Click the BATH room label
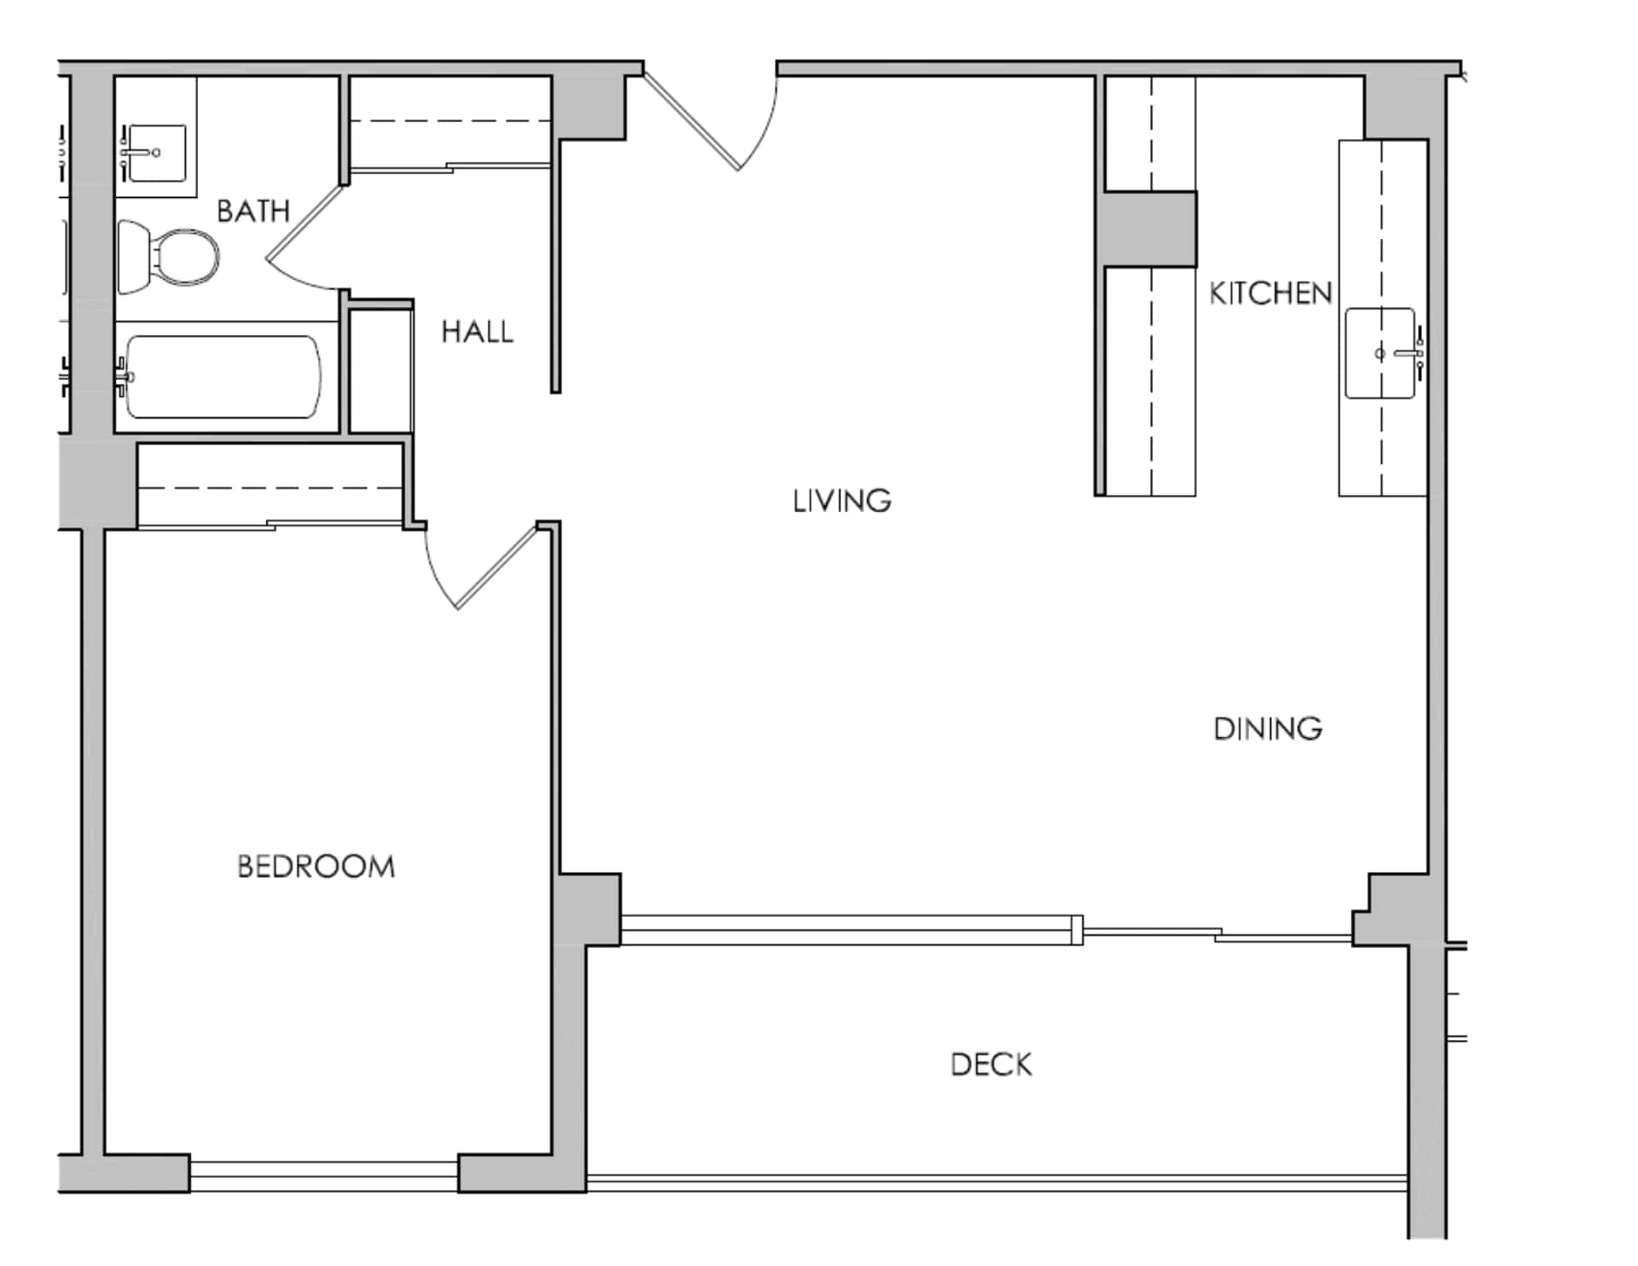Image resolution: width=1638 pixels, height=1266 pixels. pyautogui.click(x=253, y=211)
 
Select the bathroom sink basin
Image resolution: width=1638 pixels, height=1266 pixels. pyautogui.click(x=156, y=153)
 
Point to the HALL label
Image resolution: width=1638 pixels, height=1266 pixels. pyautogui.click(x=477, y=332)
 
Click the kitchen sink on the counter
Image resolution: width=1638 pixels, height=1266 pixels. pyautogui.click(x=1380, y=353)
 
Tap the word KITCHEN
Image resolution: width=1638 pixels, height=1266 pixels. pyautogui.click(x=1270, y=293)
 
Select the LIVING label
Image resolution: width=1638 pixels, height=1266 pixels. pyautogui.click(x=842, y=501)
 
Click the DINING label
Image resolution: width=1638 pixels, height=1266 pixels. pyautogui.click(x=1268, y=729)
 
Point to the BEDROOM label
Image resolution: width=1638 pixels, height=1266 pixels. pyautogui.click(x=316, y=867)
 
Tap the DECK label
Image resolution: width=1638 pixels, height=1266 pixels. pyautogui.click(x=991, y=1065)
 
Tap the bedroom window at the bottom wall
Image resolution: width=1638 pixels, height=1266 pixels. pyautogui.click(x=323, y=1176)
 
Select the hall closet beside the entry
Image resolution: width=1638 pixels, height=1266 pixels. pyautogui.click(x=450, y=124)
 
